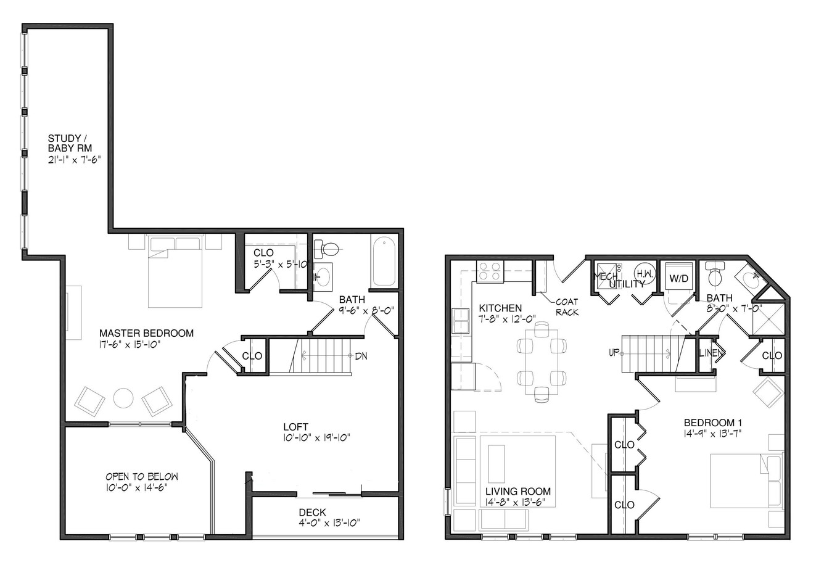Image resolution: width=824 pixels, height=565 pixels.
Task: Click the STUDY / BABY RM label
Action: coord(69,143)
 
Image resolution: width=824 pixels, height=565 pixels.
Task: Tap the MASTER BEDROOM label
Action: coord(146,333)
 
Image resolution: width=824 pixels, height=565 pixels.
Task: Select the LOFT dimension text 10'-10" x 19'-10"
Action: coord(317,438)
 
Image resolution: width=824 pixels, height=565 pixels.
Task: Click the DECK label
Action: coord(312,512)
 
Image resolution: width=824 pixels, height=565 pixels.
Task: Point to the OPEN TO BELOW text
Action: coord(142,477)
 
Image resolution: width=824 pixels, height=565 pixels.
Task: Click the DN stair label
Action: coord(361,356)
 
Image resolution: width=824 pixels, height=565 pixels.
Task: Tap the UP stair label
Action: coord(614,353)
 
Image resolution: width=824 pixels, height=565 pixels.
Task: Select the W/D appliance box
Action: coord(678,278)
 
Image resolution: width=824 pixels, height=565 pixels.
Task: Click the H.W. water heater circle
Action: coord(645,274)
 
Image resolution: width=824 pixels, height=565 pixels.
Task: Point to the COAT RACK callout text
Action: coord(567,307)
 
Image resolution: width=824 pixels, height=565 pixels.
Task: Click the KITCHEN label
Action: coord(500,308)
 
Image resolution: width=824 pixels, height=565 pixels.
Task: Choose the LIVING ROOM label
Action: coord(518,491)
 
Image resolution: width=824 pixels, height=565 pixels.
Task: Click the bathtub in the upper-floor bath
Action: coord(384,262)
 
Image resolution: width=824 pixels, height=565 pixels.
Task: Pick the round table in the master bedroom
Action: coord(123,398)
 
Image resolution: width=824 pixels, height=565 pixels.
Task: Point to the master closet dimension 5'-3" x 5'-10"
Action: coord(282,264)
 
